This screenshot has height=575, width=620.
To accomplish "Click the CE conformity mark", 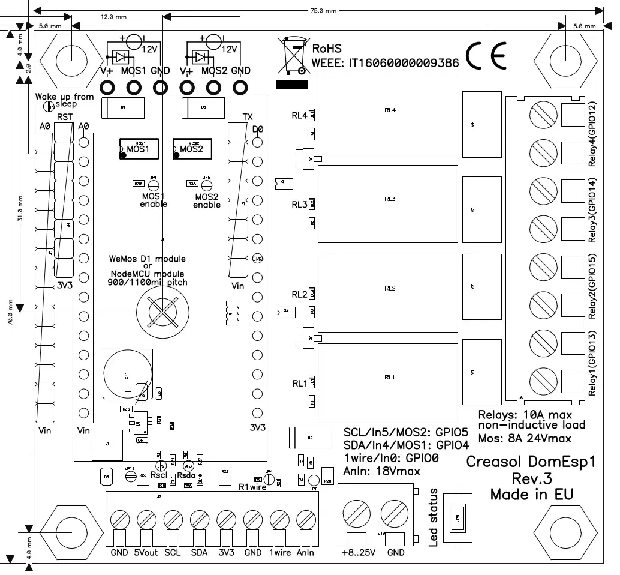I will [x=486, y=56].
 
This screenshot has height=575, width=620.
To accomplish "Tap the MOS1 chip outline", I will [x=138, y=148].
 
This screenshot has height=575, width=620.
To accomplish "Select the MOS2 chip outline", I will [x=192, y=148].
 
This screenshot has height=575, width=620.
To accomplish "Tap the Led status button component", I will [x=459, y=517].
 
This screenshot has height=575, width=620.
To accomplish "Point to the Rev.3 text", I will [x=531, y=478].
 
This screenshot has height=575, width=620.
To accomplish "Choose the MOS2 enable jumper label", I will [x=207, y=200].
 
